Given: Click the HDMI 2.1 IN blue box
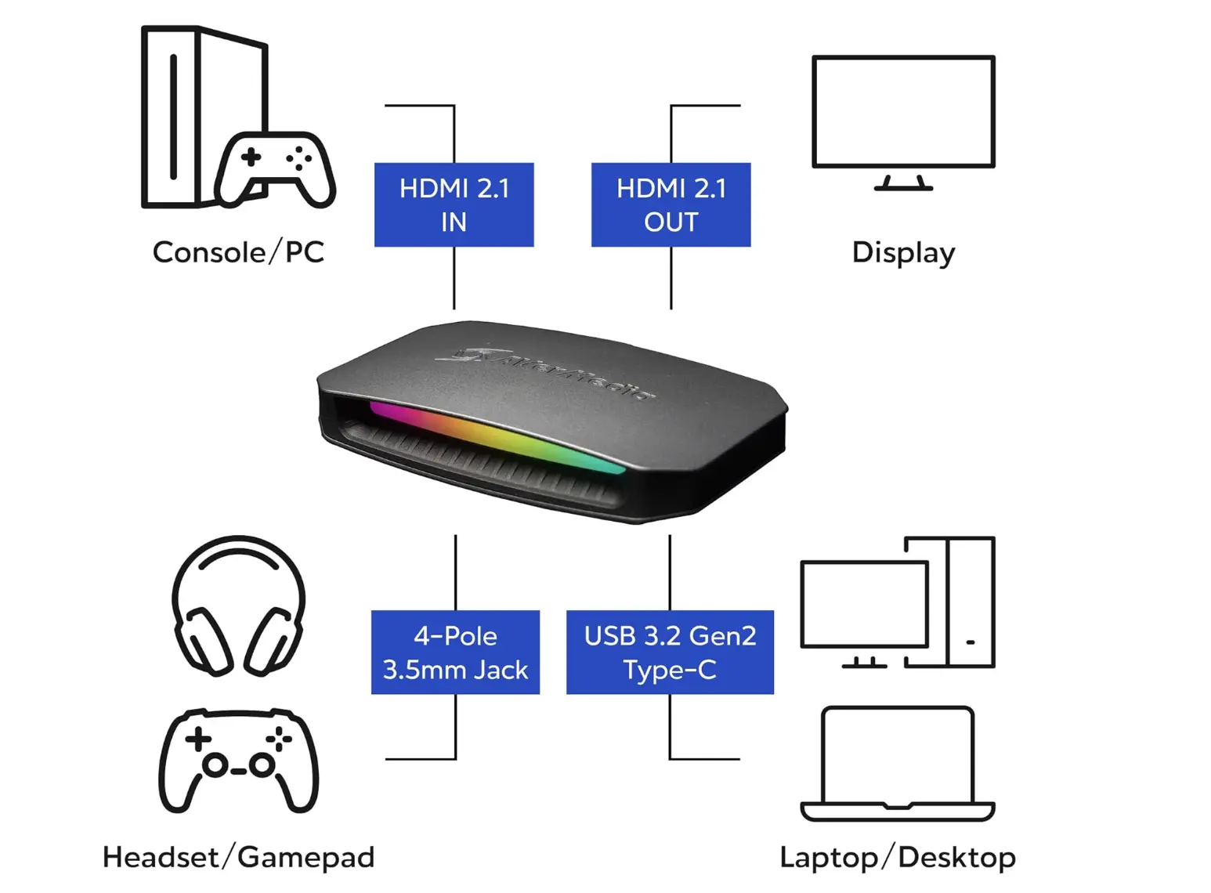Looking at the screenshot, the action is coord(454,205).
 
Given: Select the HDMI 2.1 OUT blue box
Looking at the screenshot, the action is coord(671,205).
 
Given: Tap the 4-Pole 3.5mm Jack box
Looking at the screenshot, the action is coord(455,652).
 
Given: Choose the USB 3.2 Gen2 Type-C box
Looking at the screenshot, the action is coord(670,652).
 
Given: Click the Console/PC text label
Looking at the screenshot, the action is coord(238,252).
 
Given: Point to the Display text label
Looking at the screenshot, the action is coord(903,254).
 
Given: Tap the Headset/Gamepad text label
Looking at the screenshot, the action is coord(238,857).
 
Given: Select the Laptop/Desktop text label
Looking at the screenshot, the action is coord(898,858).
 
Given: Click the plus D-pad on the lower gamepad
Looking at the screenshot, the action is coord(198,739).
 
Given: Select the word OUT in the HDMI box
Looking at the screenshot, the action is coord(671,222).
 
